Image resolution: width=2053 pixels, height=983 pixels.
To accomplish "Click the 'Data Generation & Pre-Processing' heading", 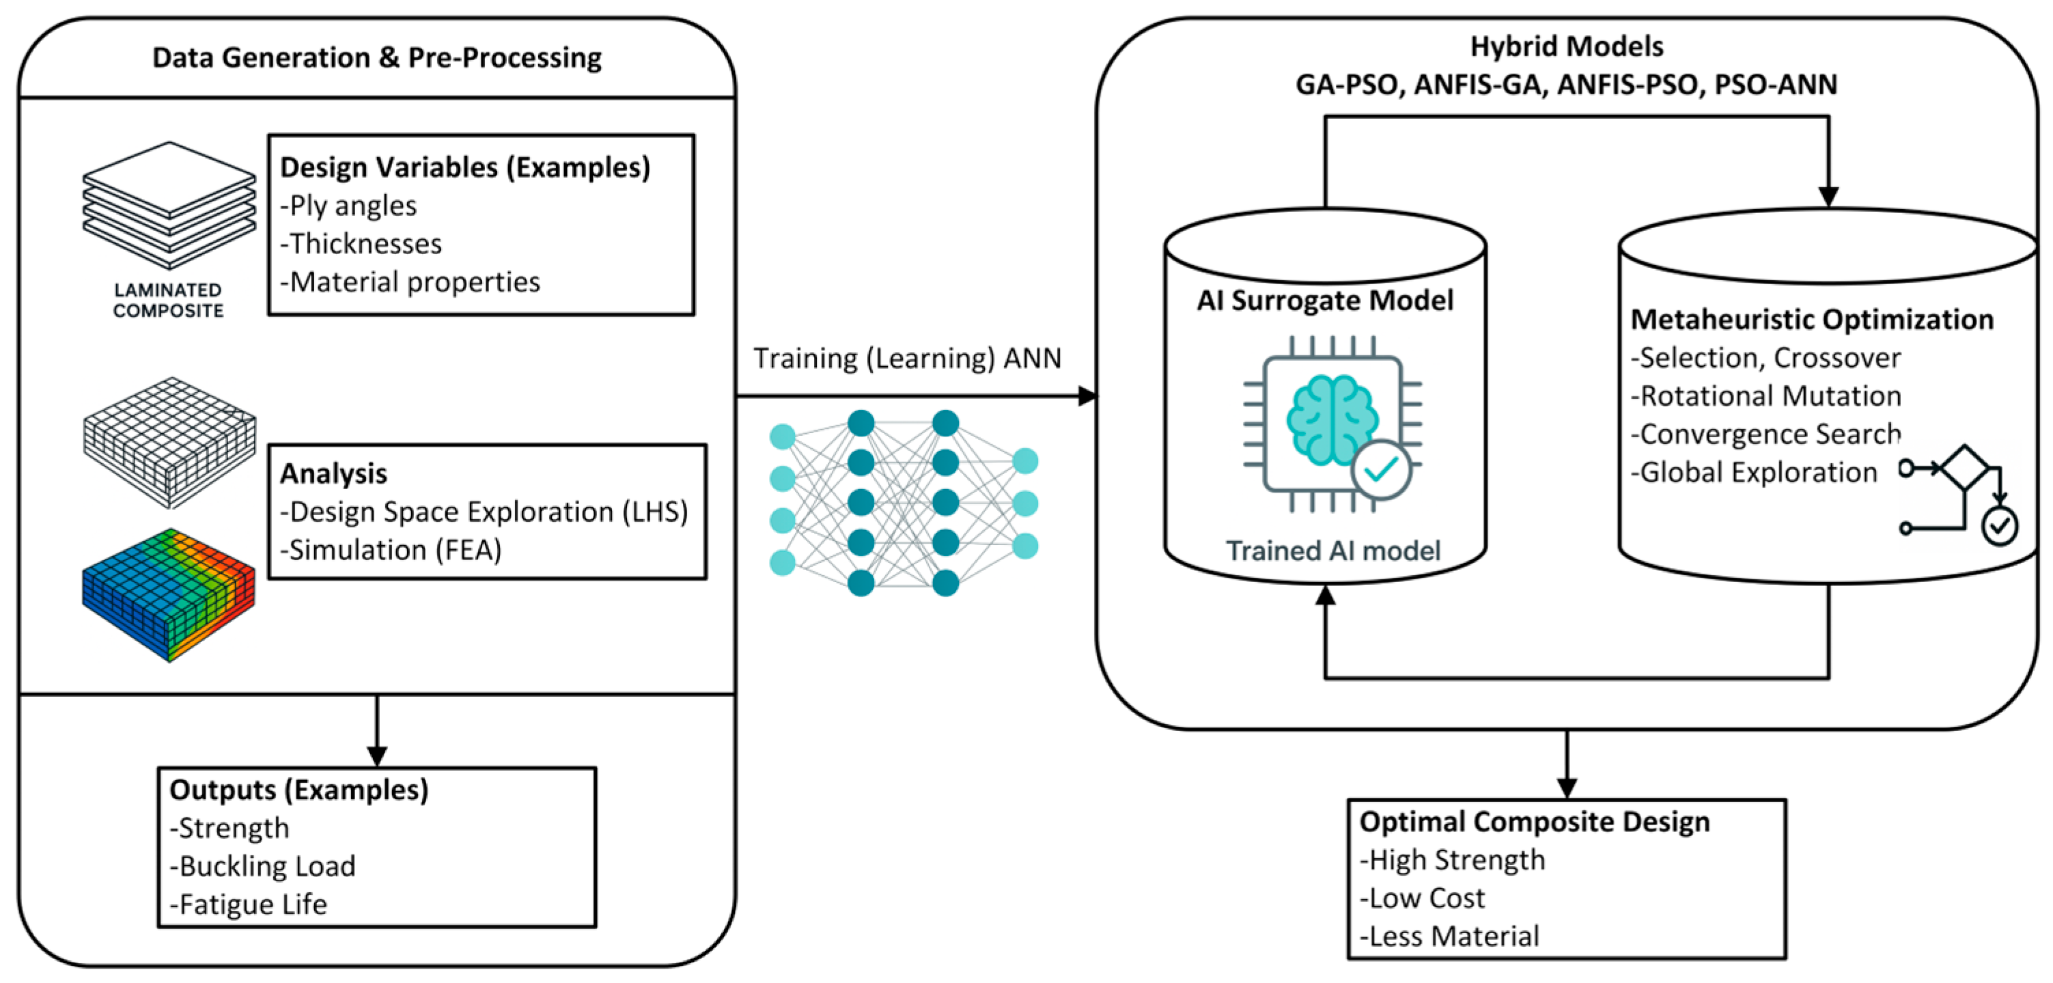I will coord(376,57).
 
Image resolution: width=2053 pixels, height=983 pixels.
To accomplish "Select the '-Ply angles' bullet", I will coord(348,206).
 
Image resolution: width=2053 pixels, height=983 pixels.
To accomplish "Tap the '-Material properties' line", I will coord(410,282).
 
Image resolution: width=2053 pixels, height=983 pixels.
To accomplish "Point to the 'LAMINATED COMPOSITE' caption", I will coord(168,301).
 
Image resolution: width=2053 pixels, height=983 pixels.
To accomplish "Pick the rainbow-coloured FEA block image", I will coord(168,594).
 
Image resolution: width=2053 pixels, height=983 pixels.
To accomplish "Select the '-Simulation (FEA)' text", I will coord(391,550).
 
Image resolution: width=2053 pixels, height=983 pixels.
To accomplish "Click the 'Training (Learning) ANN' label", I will coord(907,359).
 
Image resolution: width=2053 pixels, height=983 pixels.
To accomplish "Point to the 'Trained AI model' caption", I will coord(1332,551).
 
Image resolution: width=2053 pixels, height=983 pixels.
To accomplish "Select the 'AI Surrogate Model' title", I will coord(1324,301).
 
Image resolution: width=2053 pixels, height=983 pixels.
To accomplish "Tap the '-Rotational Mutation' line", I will coord(1765,396).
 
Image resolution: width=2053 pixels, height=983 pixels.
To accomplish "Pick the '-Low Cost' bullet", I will coord(1422,898).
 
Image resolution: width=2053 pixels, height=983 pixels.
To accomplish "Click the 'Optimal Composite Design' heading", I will coord(1534,822).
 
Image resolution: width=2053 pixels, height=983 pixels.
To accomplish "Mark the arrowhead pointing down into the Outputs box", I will coord(377,756).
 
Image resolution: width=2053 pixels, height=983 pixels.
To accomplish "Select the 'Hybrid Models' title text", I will coord(1566,46).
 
